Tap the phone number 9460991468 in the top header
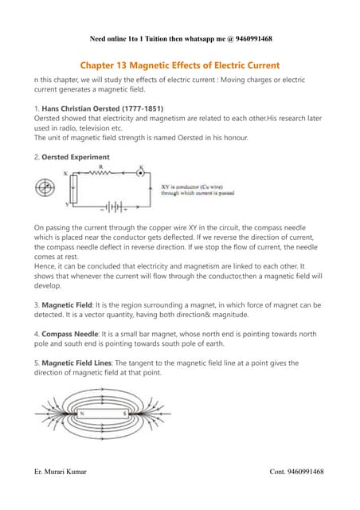[x=248, y=38]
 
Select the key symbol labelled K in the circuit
[x=141, y=172]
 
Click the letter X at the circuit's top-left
[x=65, y=173]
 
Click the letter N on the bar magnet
[x=83, y=414]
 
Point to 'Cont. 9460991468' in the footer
[x=296, y=472]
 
